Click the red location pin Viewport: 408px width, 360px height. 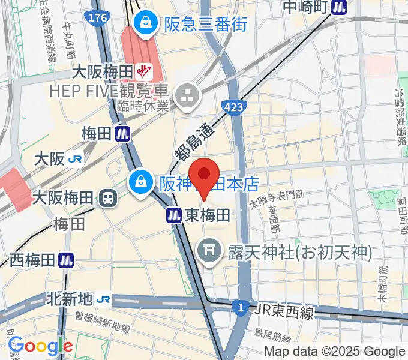click(x=205, y=175)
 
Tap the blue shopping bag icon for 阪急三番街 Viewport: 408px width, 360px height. click(x=145, y=24)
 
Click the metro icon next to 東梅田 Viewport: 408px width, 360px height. click(x=174, y=214)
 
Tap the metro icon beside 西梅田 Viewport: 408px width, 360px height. click(x=67, y=260)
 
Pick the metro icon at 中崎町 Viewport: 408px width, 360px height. click(x=341, y=7)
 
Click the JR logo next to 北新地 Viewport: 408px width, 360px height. click(x=104, y=298)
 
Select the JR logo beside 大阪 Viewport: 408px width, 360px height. click(x=75, y=160)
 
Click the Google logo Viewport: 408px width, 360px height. click(x=40, y=346)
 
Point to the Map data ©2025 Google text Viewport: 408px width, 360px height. click(x=335, y=352)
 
